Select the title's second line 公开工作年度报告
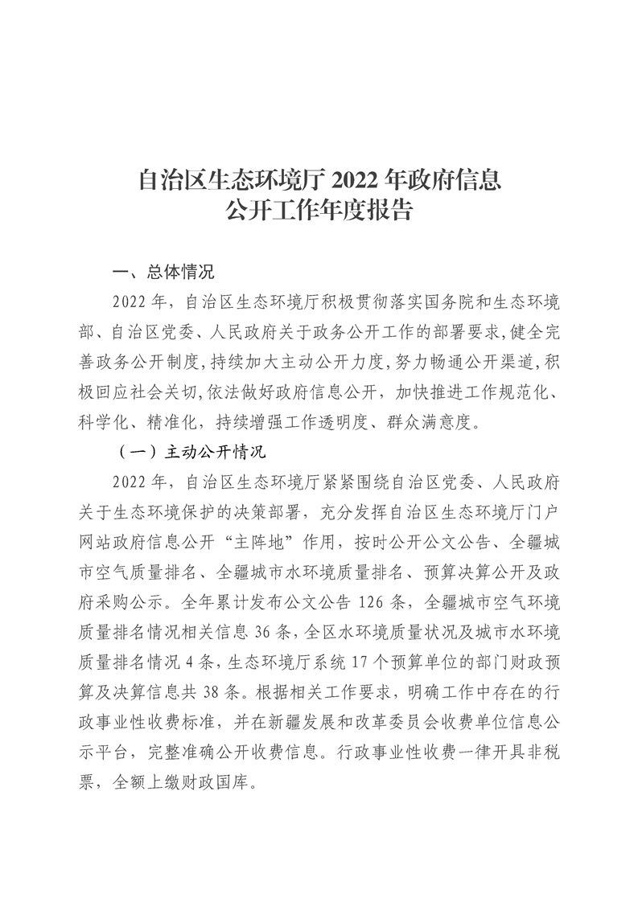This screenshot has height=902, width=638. coord(319,211)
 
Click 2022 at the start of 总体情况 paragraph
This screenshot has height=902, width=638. coord(131,301)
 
